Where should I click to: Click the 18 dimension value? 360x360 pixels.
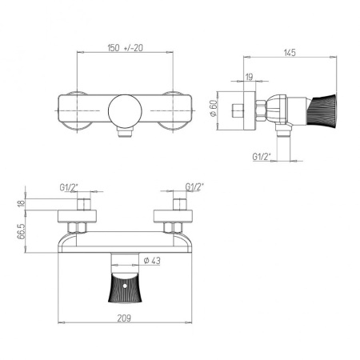(x=19, y=205)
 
